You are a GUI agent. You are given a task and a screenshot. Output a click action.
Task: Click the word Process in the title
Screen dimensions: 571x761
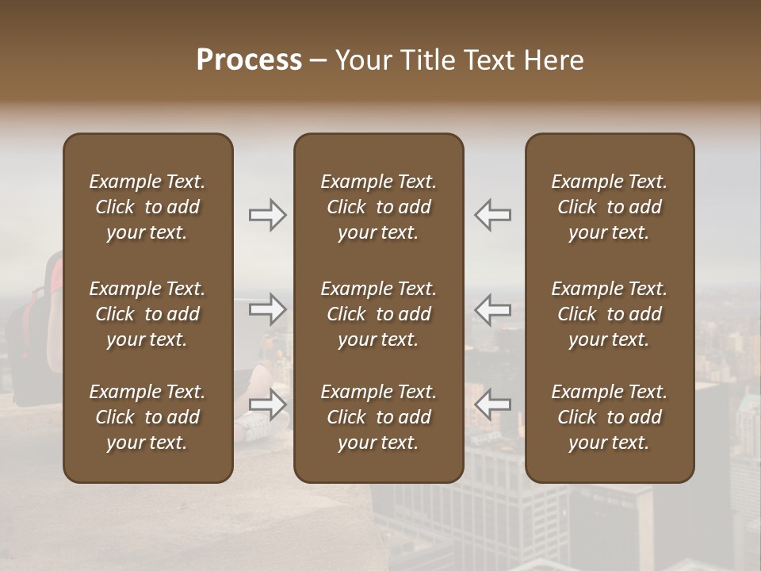(249, 60)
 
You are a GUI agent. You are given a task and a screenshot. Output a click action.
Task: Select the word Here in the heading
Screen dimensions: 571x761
(553, 60)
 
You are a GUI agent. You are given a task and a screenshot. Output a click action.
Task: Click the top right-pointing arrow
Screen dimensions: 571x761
(267, 215)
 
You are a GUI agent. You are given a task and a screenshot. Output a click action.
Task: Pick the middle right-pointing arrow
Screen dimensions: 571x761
(267, 309)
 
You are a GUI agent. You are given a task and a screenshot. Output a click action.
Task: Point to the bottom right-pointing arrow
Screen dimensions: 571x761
(267, 404)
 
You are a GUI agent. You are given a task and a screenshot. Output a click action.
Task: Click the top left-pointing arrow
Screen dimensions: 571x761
(492, 215)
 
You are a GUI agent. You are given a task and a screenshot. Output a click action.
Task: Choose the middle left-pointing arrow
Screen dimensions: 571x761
(492, 309)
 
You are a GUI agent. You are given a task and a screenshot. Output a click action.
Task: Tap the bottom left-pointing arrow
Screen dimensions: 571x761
(492, 404)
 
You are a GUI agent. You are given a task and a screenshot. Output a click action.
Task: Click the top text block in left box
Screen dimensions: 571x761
(147, 207)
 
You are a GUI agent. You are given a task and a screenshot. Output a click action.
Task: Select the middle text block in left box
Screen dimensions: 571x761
(147, 314)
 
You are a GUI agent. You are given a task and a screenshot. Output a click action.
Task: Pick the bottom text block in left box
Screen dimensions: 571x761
(147, 417)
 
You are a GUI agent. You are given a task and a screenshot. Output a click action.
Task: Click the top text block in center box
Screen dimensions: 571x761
(378, 207)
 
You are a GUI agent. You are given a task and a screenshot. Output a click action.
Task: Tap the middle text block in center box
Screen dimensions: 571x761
(378, 314)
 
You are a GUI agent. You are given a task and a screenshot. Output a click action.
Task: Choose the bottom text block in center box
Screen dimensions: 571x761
(378, 417)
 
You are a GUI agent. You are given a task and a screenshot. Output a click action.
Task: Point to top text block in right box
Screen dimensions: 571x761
(610, 207)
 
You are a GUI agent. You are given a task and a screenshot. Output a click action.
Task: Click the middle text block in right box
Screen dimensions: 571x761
(610, 314)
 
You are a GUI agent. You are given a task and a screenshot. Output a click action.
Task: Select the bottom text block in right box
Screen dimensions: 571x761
(610, 417)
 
